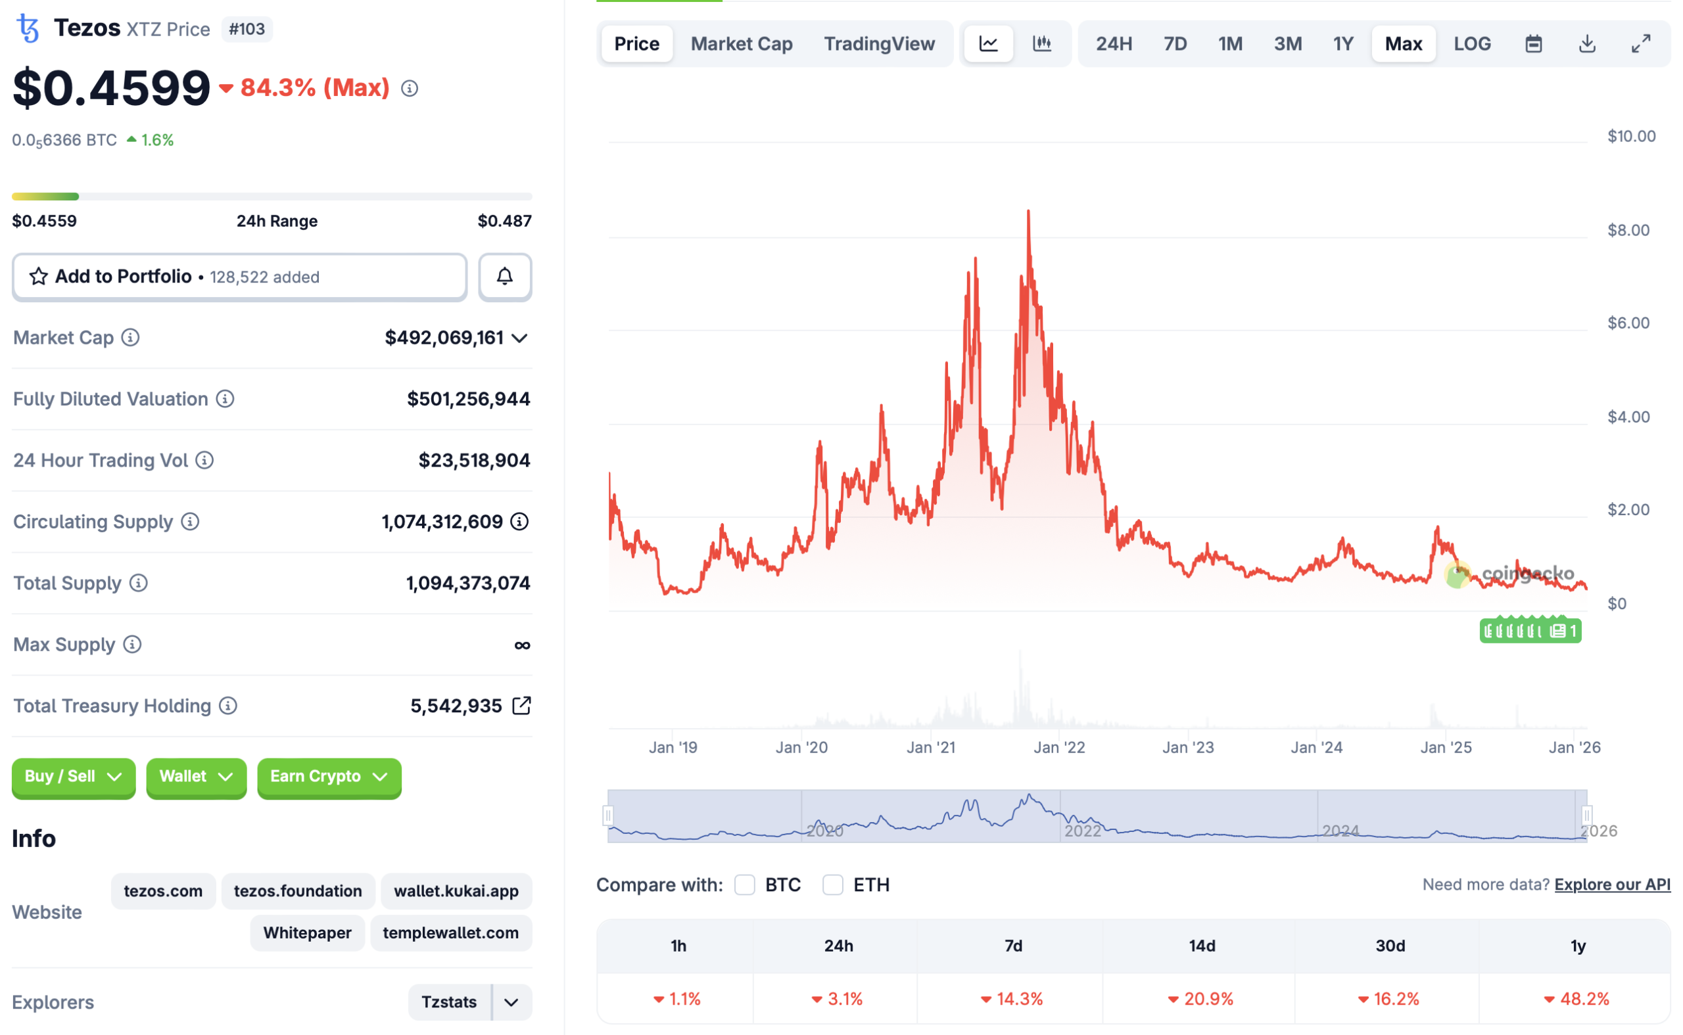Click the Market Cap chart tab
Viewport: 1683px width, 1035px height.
point(741,44)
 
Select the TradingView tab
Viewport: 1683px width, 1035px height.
point(878,44)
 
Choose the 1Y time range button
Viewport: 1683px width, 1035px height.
point(1342,44)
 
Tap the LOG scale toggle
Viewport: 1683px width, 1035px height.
point(1471,44)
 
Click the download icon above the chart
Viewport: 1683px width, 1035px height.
point(1586,44)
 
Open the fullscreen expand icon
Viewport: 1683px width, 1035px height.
point(1640,44)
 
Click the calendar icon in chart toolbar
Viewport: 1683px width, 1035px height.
point(1533,44)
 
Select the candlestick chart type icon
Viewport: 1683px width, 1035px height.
point(1041,44)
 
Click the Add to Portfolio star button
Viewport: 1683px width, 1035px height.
point(240,277)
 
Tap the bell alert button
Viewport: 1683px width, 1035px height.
point(505,277)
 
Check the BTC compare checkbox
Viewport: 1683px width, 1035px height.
point(744,885)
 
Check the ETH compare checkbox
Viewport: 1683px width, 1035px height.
point(832,885)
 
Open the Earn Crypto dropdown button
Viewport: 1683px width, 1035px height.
point(329,776)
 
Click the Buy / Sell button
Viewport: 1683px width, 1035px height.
point(73,776)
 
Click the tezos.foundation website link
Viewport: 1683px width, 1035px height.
point(298,890)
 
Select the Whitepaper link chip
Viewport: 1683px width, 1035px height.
point(307,932)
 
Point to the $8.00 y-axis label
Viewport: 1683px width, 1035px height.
point(1628,230)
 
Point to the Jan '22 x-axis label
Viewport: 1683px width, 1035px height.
point(1058,747)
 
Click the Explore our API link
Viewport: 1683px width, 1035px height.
point(1612,885)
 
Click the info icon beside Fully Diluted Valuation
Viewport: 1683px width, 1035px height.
point(225,398)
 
